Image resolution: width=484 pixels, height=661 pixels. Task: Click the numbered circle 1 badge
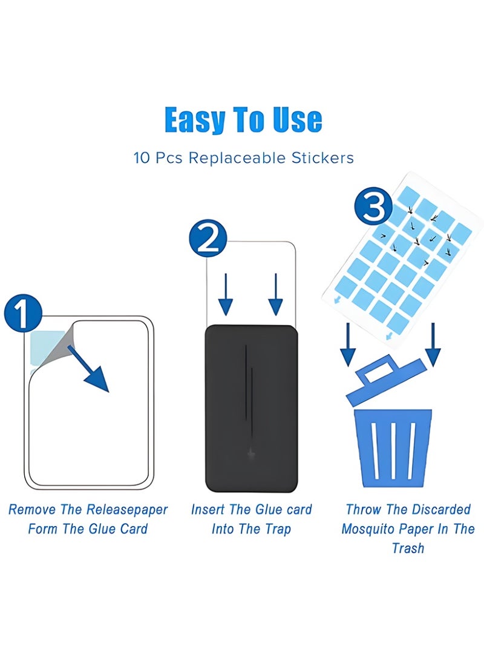(23, 313)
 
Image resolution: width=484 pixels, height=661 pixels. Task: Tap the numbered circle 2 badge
(208, 238)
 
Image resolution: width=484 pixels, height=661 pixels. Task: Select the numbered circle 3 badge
(373, 206)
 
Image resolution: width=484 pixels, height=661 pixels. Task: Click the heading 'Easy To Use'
(243, 120)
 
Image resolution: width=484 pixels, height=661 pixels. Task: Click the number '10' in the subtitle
(142, 158)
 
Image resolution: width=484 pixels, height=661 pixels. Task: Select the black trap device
(252, 408)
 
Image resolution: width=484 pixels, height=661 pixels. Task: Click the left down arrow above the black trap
(226, 294)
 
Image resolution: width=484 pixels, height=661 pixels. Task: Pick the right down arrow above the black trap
(275, 294)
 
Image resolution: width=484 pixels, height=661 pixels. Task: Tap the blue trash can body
(393, 448)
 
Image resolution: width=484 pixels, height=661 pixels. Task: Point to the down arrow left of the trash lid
(348, 344)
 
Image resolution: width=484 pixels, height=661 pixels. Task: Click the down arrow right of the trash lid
(433, 344)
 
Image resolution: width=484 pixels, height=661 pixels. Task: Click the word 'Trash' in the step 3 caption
(408, 548)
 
